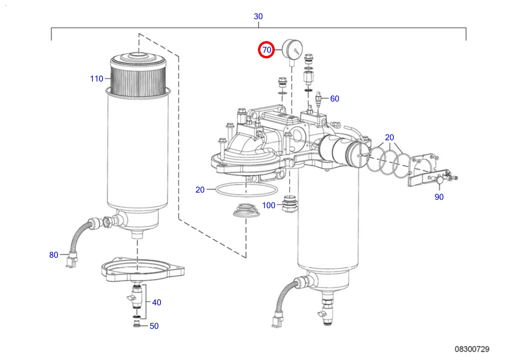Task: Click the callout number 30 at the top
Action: point(258,16)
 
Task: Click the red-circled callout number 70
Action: point(266,50)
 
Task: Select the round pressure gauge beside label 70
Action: point(291,49)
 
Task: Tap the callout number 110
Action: point(97,79)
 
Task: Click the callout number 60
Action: point(335,99)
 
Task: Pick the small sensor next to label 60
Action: point(319,99)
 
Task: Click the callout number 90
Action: point(439,197)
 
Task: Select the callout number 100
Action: point(269,205)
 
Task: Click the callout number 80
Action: point(54,255)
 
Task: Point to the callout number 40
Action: point(157,302)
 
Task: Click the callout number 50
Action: point(154,326)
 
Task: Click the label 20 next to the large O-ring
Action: point(200,190)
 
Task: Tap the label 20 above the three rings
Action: point(389,137)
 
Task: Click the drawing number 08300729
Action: point(472,349)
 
